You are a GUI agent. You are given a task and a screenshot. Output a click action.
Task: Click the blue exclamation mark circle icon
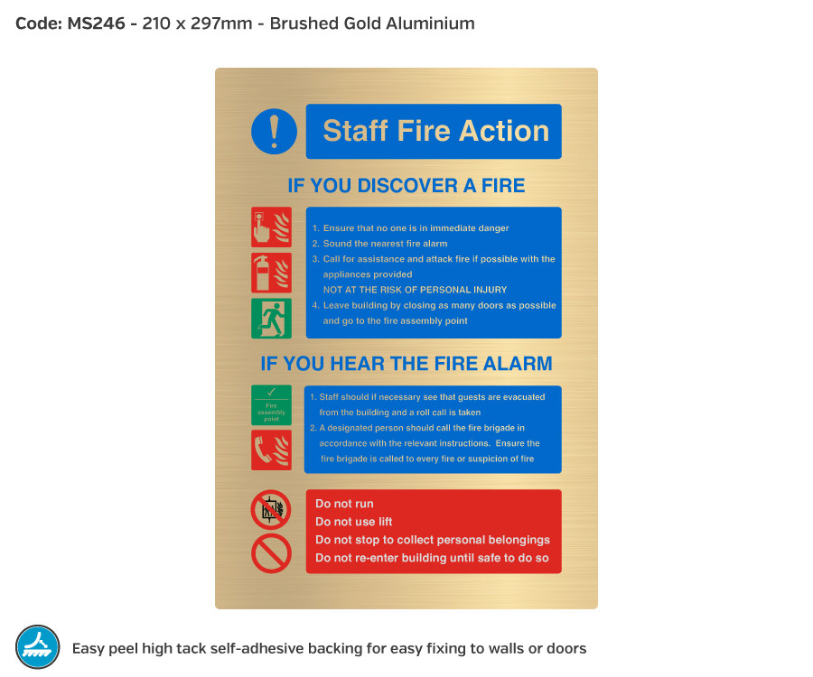coord(274,131)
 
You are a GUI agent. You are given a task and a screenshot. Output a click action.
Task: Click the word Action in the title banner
coord(504,131)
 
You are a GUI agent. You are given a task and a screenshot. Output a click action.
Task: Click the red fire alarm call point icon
coord(271,227)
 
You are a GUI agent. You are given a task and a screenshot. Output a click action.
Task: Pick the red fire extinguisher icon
coord(271,272)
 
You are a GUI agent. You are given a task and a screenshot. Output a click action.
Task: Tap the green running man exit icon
coord(271,318)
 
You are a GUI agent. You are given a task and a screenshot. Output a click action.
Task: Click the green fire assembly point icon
coord(271,404)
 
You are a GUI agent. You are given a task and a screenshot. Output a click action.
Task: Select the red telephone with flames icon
coord(271,450)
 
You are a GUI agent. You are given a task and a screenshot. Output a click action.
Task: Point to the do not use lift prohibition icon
coord(271,509)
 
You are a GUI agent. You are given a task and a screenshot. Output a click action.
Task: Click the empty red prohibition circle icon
coord(271,553)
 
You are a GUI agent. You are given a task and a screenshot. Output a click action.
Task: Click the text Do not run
coord(344,504)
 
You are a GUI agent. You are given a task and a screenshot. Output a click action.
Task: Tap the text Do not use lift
coord(353,522)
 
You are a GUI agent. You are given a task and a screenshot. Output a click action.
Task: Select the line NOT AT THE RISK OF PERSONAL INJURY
coord(415,290)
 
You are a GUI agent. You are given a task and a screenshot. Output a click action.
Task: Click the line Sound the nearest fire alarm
coord(385,244)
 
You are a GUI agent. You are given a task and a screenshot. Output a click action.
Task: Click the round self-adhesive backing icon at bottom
coord(38,647)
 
